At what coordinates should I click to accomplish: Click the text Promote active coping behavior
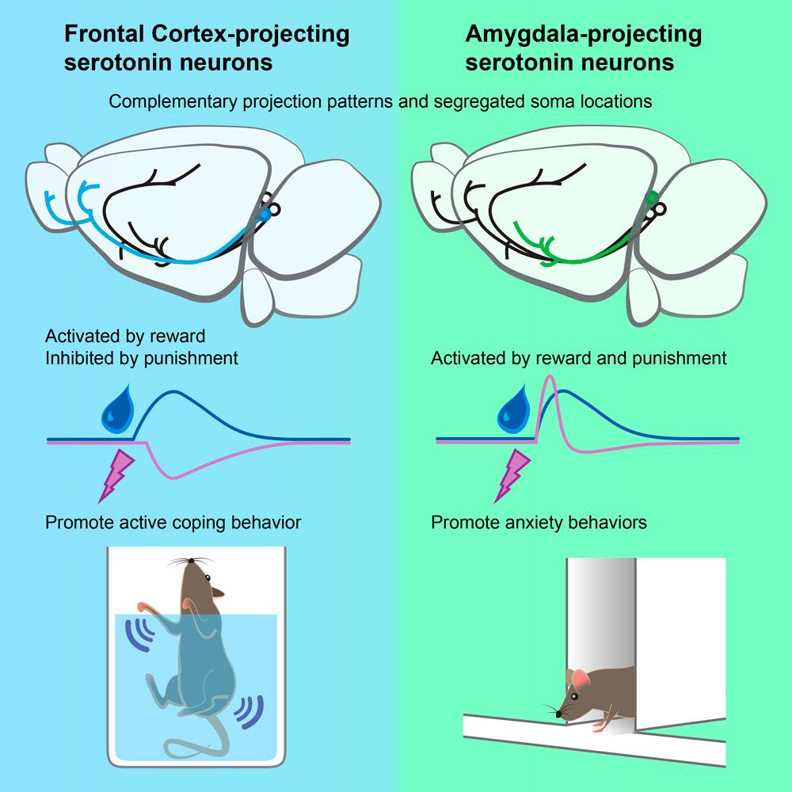(x=173, y=523)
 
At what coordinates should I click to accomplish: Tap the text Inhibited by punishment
(x=142, y=358)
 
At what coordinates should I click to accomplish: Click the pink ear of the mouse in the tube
(x=581, y=679)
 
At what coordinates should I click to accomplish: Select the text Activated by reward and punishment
(x=578, y=358)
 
